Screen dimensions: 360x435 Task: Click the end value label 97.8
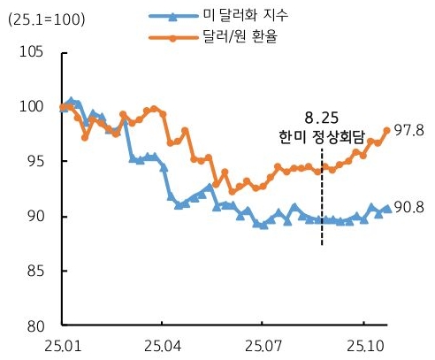tap(410, 130)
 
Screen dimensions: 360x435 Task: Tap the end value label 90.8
tap(410, 209)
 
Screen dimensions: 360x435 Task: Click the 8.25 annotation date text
tap(321, 116)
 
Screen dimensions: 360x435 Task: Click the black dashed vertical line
tap(322, 203)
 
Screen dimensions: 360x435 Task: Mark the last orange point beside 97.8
tap(386, 130)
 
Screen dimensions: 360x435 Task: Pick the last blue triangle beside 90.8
tap(386, 209)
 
